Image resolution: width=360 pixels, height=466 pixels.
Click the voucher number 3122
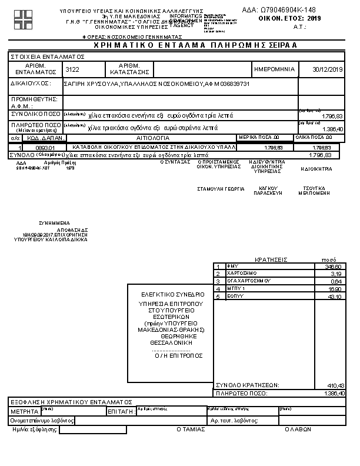pyautogui.click(x=72, y=69)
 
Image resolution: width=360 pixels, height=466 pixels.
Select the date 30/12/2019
pyautogui.click(x=328, y=69)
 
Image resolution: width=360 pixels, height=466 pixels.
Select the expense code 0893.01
pyautogui.click(x=45, y=148)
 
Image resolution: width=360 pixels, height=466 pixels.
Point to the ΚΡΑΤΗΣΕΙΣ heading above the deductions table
pyautogui.click(x=271, y=259)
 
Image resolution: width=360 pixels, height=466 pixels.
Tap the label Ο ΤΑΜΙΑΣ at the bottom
pyautogui.click(x=191, y=430)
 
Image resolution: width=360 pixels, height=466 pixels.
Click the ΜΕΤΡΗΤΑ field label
pyautogui.click(x=24, y=411)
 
